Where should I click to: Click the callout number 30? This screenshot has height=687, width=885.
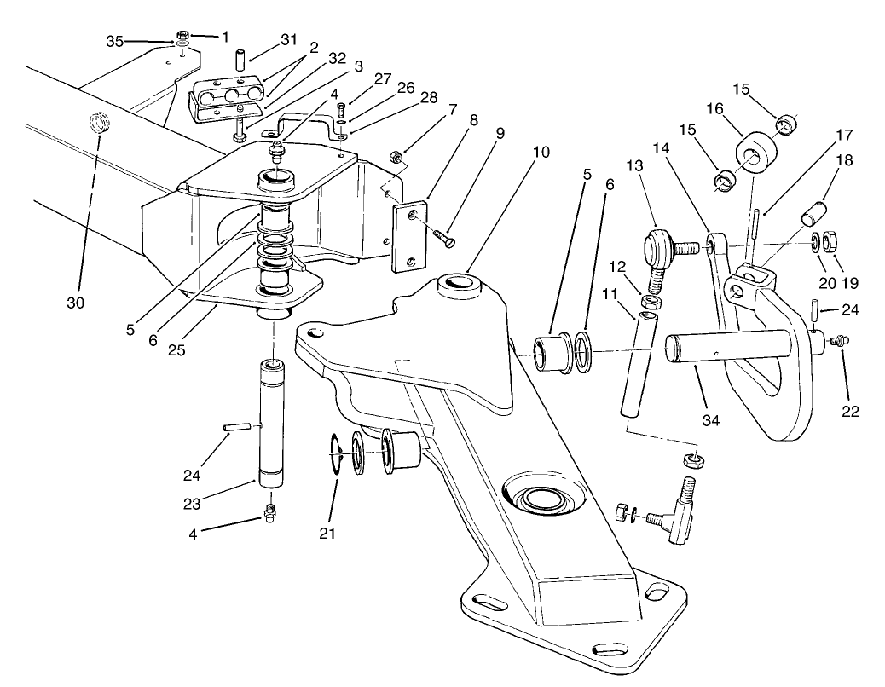[x=78, y=301]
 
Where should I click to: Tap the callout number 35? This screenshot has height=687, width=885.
[x=115, y=40]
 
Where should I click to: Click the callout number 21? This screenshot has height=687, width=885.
[x=327, y=534]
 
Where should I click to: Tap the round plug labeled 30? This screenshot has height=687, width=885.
[x=99, y=124]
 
